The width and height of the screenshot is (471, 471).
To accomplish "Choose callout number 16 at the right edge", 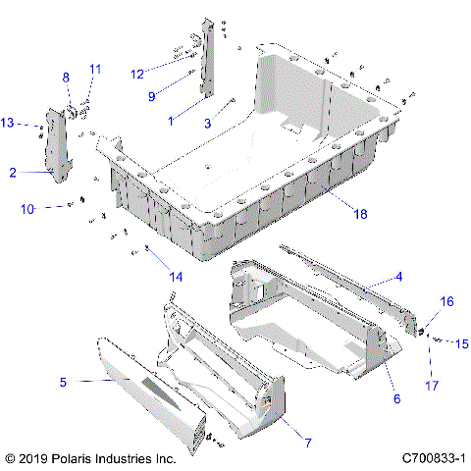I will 445,302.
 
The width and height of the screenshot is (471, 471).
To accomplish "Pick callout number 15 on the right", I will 462,343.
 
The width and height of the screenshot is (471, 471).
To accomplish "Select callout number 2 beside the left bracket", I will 13,173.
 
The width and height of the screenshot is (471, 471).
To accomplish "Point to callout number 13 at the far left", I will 8,123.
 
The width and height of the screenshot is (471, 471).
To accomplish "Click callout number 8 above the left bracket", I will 67,77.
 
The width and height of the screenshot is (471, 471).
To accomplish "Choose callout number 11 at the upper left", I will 95,68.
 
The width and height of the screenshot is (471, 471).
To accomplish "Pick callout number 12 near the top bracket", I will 137,72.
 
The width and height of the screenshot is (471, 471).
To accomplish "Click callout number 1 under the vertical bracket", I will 172,120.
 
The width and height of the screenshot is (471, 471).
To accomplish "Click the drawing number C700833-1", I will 432,458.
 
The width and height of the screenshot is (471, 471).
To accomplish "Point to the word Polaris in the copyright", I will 81,458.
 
